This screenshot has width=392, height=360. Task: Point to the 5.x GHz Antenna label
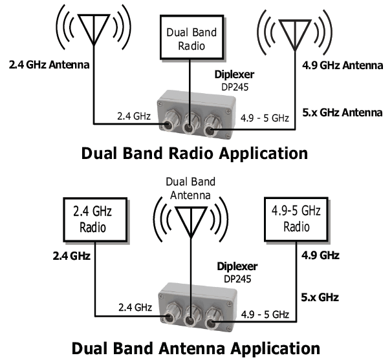342,113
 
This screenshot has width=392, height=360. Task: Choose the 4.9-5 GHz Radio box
296,218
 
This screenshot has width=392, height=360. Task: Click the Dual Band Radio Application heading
194,154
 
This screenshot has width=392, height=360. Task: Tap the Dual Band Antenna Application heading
195,349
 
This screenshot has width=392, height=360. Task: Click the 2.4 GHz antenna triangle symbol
93,26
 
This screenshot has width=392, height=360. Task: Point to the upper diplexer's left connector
171,121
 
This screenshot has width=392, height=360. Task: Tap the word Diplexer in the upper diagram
235,74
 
